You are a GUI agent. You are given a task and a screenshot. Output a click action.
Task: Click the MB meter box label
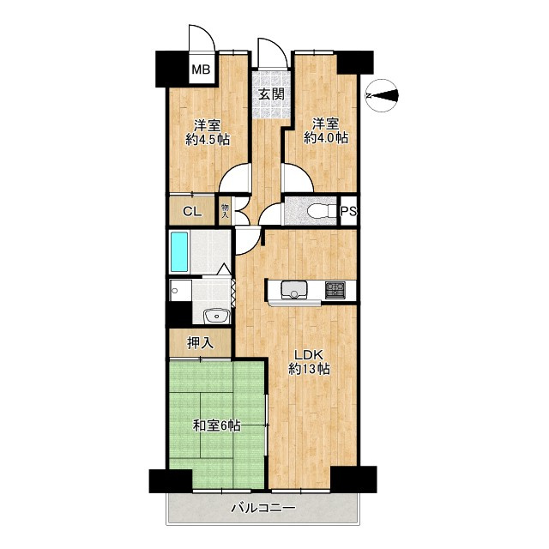point(202,69)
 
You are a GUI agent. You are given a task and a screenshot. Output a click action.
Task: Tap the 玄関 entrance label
point(271,94)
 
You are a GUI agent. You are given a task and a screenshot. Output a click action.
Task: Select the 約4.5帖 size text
point(208,140)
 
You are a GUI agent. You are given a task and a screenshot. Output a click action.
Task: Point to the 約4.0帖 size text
point(326,137)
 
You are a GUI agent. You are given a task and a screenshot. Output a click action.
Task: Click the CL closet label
point(192,212)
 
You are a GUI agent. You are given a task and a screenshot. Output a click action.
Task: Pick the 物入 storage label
point(225,211)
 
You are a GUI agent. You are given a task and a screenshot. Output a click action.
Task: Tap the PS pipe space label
point(349,211)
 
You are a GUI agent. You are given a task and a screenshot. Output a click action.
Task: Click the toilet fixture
point(321,212)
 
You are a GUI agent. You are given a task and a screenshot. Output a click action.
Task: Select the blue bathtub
point(179,251)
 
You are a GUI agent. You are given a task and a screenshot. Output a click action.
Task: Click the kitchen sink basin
point(294,289)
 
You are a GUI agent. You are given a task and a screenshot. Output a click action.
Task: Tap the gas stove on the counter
point(335,290)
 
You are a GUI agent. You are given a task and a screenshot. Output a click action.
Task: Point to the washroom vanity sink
point(216,317)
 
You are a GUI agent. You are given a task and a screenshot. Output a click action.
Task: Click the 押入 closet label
point(200,343)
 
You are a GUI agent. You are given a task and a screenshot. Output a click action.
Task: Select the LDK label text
point(309,355)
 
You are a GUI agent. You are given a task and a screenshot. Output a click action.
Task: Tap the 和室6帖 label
point(217,425)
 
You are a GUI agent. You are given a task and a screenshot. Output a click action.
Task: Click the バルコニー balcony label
point(263,508)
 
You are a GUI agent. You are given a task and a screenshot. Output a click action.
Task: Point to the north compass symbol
point(382,95)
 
